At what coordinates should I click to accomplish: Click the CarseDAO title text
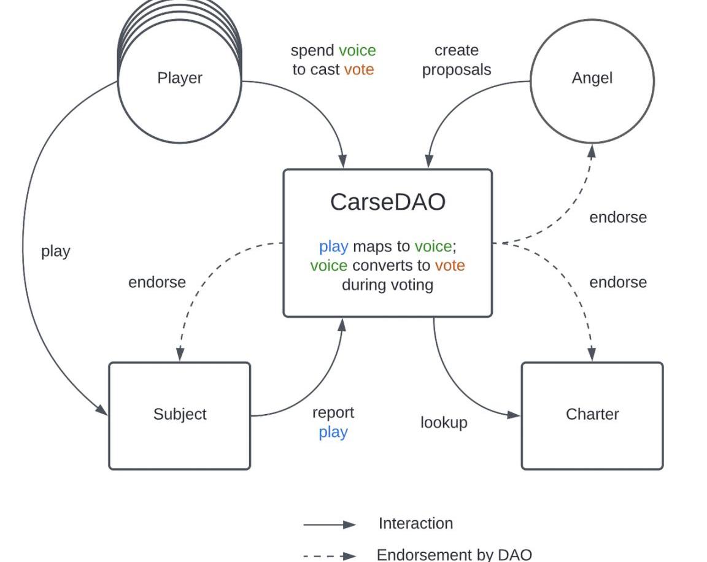387,202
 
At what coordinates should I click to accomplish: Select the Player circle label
180,78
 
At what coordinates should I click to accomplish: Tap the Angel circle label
592,78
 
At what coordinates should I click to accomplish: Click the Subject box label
180,414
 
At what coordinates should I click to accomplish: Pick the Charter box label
592,414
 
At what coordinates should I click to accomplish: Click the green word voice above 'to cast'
357,50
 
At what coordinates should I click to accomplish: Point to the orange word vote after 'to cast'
359,69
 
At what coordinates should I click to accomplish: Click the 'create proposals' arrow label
457,60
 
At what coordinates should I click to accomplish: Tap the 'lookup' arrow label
444,423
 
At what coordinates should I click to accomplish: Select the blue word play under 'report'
333,432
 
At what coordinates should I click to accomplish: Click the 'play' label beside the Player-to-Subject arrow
56,251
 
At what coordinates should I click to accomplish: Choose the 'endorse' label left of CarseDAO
157,282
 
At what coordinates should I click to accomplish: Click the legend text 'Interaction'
415,523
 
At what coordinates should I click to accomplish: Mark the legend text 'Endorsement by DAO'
454,555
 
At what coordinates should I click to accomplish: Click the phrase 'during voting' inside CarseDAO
387,285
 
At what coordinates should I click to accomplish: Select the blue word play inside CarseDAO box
333,247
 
